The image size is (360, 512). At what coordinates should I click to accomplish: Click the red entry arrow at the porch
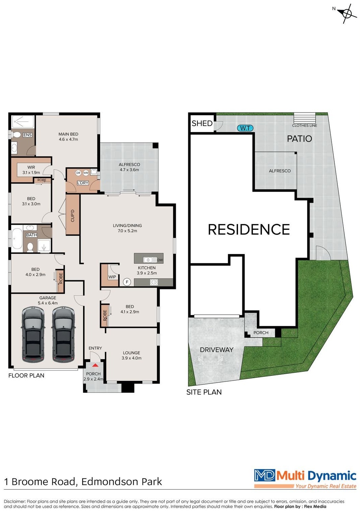point(95,365)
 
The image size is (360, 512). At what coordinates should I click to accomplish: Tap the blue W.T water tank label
point(245,128)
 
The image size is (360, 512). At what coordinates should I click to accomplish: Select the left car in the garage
point(33,334)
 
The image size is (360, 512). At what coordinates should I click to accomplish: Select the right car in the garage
point(63,334)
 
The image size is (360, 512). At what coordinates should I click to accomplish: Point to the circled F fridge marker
point(127,282)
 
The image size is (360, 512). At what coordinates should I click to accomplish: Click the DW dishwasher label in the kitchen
point(160,260)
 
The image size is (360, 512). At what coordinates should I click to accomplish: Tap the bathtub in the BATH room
point(17,238)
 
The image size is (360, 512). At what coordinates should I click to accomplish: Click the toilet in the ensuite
point(16,135)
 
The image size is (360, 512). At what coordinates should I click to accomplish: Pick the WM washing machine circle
point(86,173)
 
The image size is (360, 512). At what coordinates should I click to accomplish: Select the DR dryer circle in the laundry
point(78,173)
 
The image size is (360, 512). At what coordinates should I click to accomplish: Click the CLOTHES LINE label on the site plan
point(304,125)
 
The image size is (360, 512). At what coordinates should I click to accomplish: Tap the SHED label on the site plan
point(202,123)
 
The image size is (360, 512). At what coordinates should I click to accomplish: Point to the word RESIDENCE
point(249,229)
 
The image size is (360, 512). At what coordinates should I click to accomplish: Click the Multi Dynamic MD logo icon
point(264,475)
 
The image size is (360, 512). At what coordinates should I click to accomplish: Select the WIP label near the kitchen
point(112,277)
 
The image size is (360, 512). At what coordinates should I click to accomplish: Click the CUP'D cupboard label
point(72,216)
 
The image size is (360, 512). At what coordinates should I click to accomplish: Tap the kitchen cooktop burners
point(154,282)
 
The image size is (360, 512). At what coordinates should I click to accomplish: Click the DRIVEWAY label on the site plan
point(217,350)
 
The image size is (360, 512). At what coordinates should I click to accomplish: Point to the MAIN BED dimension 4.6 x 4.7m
point(68,139)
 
